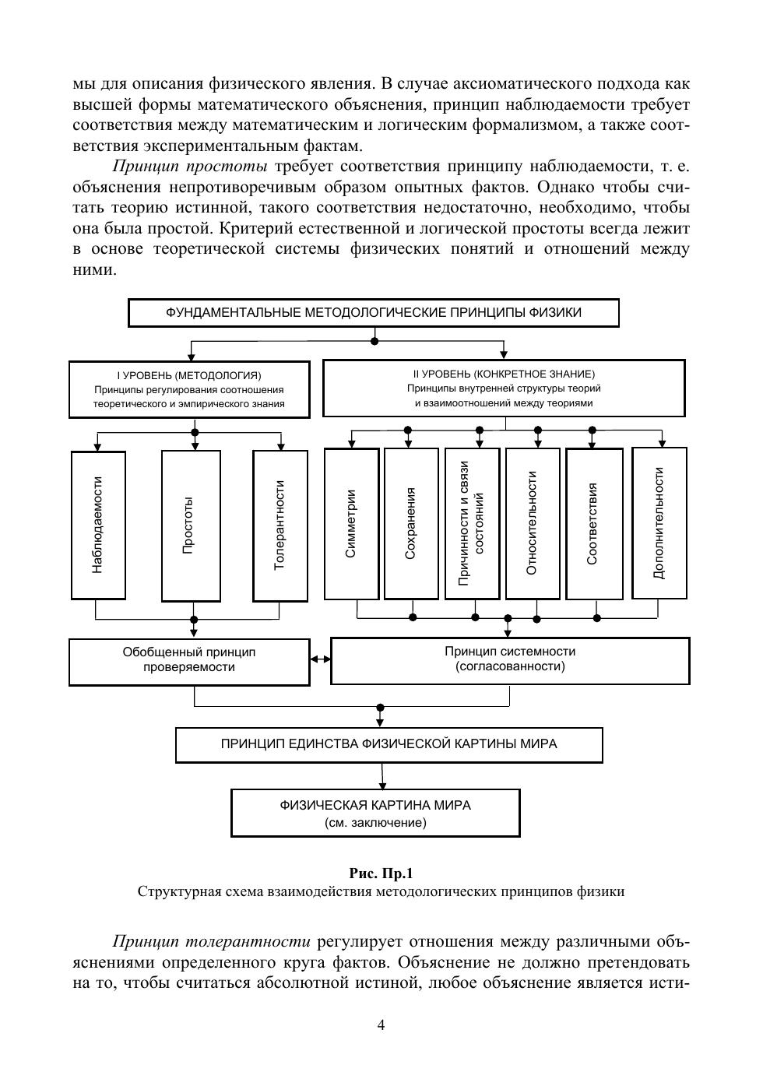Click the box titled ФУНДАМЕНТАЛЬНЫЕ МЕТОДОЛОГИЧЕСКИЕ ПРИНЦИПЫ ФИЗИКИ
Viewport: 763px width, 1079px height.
373,313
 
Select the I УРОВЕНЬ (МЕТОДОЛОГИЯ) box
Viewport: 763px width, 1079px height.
189,389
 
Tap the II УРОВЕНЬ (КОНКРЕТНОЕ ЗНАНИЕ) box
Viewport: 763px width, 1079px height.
504,388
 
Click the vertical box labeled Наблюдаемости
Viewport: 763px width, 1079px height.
98,525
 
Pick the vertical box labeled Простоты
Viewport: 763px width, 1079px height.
191,525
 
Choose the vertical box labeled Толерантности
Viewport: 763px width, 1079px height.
280,525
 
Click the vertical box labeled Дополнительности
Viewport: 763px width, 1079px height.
659,523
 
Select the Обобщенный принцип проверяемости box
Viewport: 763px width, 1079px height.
189,662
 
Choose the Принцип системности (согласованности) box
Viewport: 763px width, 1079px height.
510,661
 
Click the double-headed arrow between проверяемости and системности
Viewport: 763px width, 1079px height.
320,660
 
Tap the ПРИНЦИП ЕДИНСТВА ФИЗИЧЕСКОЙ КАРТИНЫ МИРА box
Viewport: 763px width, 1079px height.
389,744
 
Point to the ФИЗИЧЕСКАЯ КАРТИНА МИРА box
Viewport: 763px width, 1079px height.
375,813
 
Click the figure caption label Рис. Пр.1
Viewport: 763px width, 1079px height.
381,873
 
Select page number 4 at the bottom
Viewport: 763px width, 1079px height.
381,1025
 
